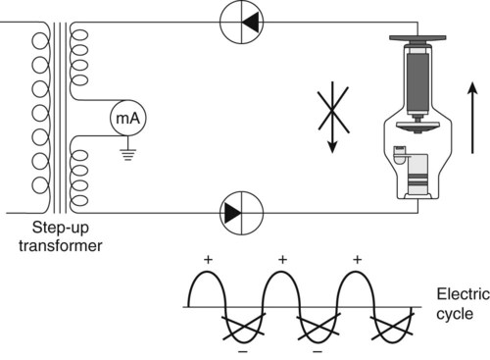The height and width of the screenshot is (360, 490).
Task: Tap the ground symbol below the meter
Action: click(x=127, y=154)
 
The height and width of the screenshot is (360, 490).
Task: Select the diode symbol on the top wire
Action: click(x=241, y=23)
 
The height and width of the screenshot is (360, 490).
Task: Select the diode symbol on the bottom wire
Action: click(x=241, y=213)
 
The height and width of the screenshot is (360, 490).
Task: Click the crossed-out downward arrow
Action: click(x=333, y=117)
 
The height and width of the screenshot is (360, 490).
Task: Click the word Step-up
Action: click(x=61, y=228)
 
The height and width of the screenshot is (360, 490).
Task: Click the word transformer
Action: click(x=61, y=246)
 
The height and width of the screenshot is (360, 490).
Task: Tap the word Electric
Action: click(x=464, y=294)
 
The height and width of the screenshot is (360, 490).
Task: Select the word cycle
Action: click(x=455, y=315)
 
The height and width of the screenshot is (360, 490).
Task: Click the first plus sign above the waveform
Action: click(x=208, y=260)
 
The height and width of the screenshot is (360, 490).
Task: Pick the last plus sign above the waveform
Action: click(x=358, y=260)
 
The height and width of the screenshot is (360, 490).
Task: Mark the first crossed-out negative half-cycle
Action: click(x=244, y=327)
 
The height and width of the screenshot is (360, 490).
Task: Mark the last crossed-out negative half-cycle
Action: click(x=393, y=327)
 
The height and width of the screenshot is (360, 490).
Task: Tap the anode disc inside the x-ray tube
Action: click(x=417, y=126)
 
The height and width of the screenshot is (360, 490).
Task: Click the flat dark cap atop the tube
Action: click(x=417, y=38)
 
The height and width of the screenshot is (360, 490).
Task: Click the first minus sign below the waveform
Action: click(x=243, y=352)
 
